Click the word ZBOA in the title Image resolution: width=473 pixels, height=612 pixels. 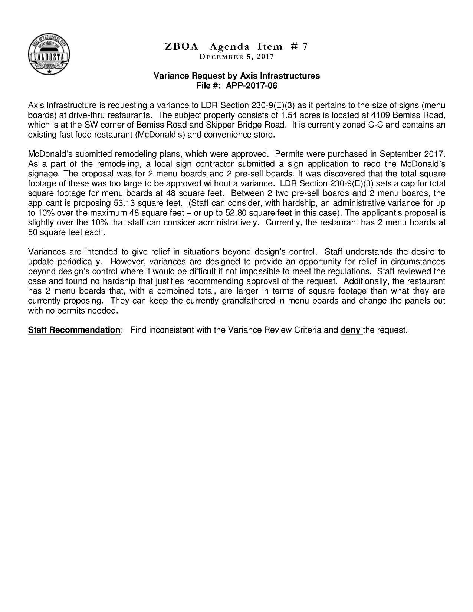click(181, 47)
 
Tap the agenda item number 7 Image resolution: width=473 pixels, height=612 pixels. click(304, 47)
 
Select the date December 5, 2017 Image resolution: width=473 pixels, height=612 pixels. click(236, 57)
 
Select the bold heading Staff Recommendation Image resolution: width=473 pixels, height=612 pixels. click(74, 330)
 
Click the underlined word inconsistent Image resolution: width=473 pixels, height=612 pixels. click(171, 330)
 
